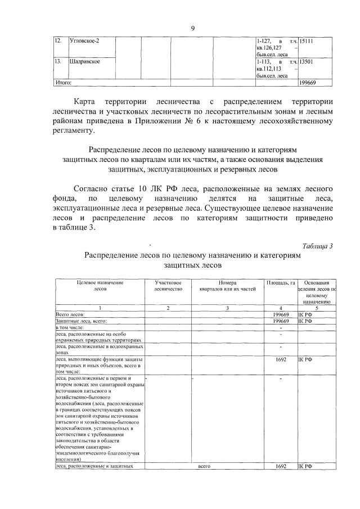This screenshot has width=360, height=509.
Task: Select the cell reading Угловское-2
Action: pos(84,41)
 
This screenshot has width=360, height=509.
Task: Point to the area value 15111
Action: pos(307,41)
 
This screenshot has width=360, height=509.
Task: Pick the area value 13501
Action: pos(307,62)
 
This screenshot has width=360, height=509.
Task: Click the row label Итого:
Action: pos(63,83)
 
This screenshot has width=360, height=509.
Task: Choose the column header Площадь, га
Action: pos(280,282)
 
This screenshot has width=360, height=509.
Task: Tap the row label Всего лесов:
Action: pos(70,314)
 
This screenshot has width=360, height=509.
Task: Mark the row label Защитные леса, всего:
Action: pos(81,321)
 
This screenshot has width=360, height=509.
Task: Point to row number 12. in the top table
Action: pos(57,41)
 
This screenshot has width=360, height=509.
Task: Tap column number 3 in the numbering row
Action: pos(227,308)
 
